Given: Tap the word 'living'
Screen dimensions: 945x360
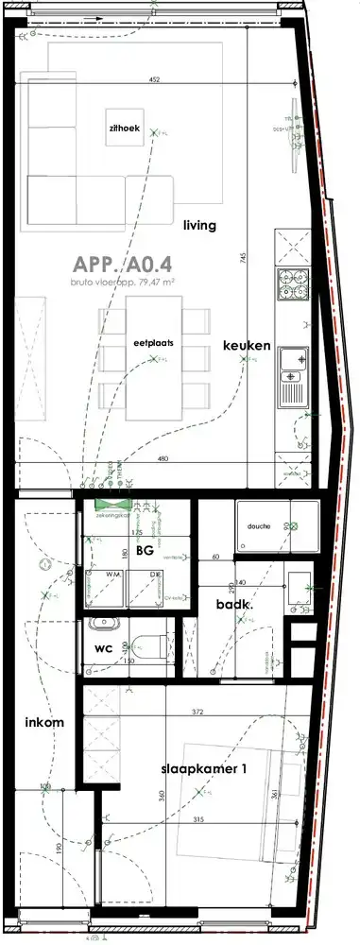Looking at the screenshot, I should pos(200,226).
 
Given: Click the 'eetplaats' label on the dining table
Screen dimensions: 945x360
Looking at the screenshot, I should pos(152,344).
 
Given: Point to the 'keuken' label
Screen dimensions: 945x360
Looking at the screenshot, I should pos(247,346).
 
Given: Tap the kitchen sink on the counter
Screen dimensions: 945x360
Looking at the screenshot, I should pos(292,360).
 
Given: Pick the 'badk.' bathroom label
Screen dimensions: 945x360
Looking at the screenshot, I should pos(231,603).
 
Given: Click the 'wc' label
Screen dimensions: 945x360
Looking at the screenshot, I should pos(104,649).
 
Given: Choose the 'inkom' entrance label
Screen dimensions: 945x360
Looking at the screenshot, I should pos(43,723).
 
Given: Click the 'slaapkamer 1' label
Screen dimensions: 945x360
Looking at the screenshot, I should pos(203,770).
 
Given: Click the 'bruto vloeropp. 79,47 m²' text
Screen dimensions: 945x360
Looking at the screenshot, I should pos(124,282).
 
